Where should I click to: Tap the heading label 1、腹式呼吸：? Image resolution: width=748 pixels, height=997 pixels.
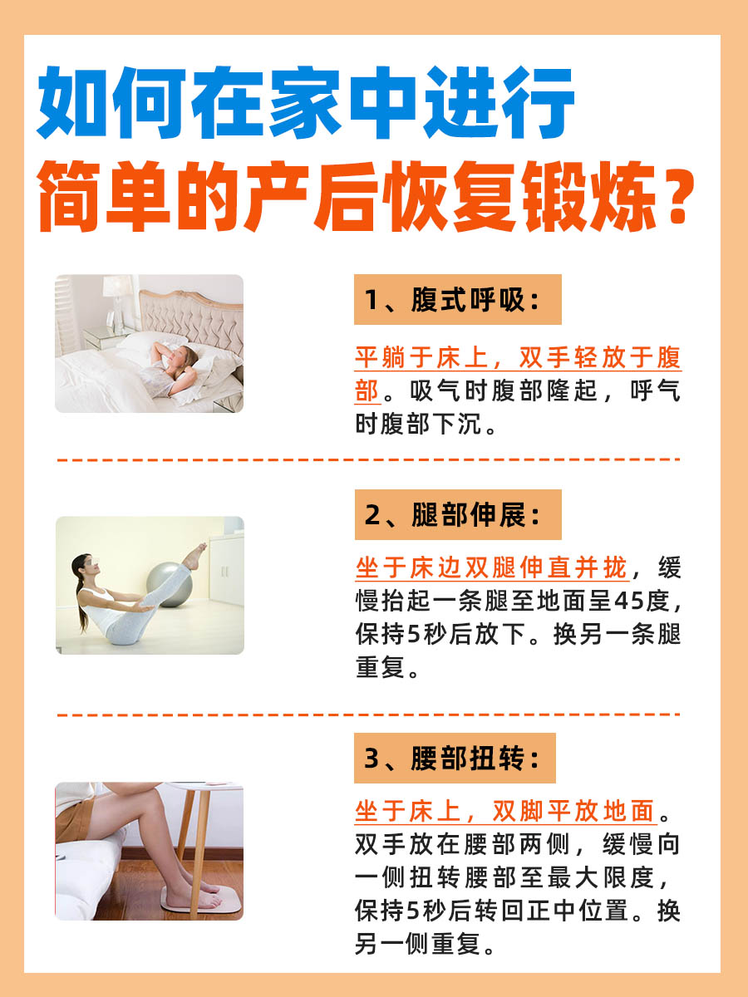point(457,300)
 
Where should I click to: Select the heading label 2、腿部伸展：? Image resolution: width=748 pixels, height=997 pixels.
point(457,515)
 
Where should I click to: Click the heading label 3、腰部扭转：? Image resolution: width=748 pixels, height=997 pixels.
point(455,758)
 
